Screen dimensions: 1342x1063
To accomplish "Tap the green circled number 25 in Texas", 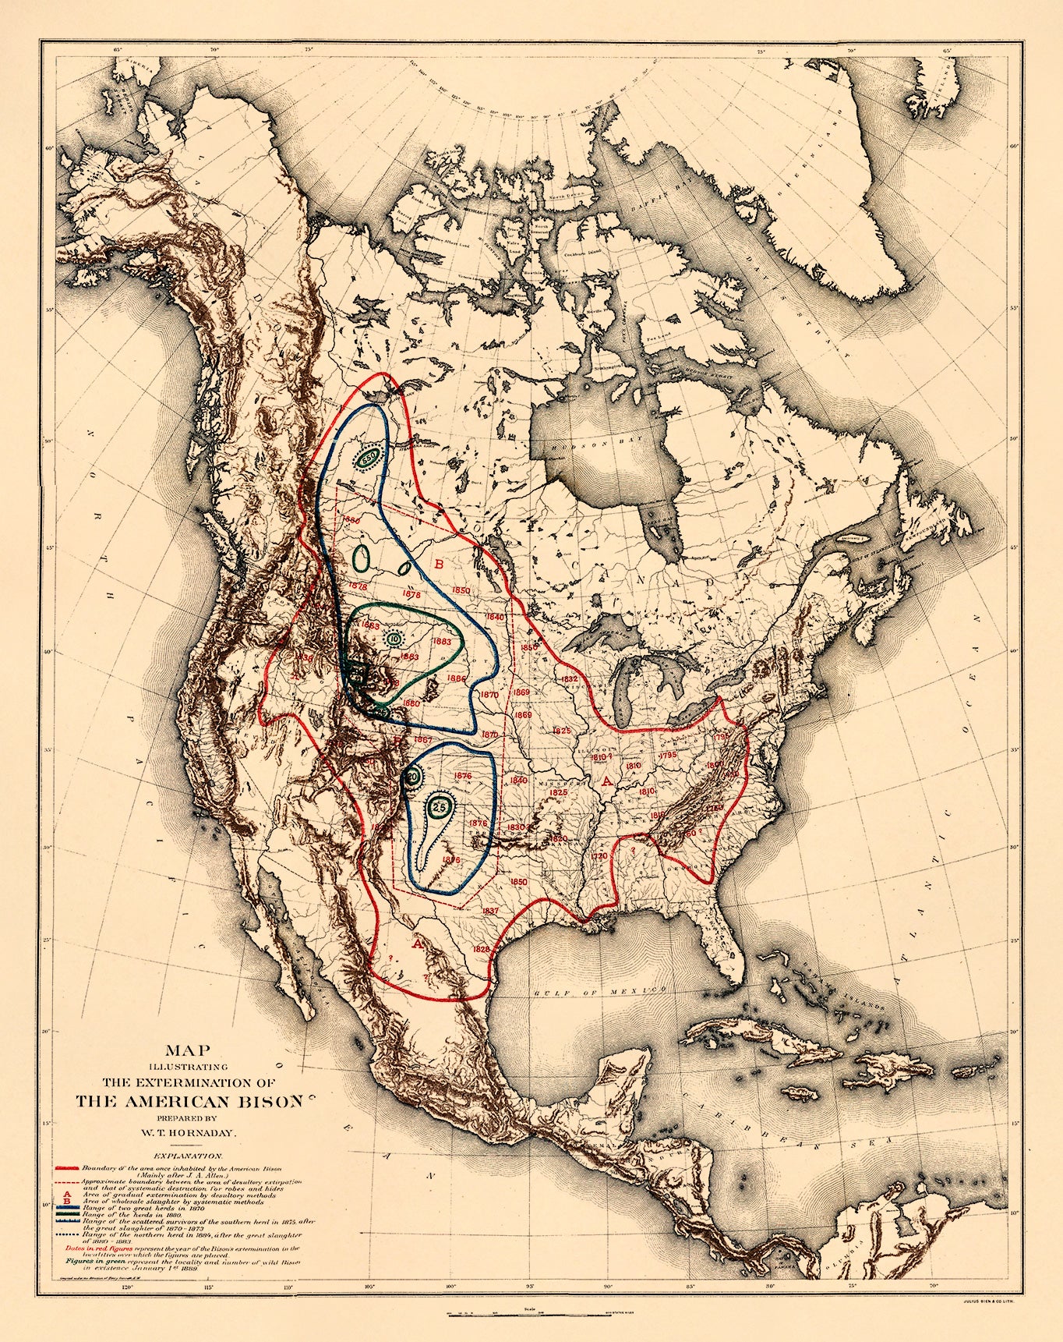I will click(440, 806).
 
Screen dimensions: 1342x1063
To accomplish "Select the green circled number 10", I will click(394, 639).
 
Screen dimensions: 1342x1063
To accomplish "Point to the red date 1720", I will click(599, 855).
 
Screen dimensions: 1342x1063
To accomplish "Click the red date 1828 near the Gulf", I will click(482, 949).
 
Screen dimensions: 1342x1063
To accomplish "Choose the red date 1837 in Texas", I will click(490, 911).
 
